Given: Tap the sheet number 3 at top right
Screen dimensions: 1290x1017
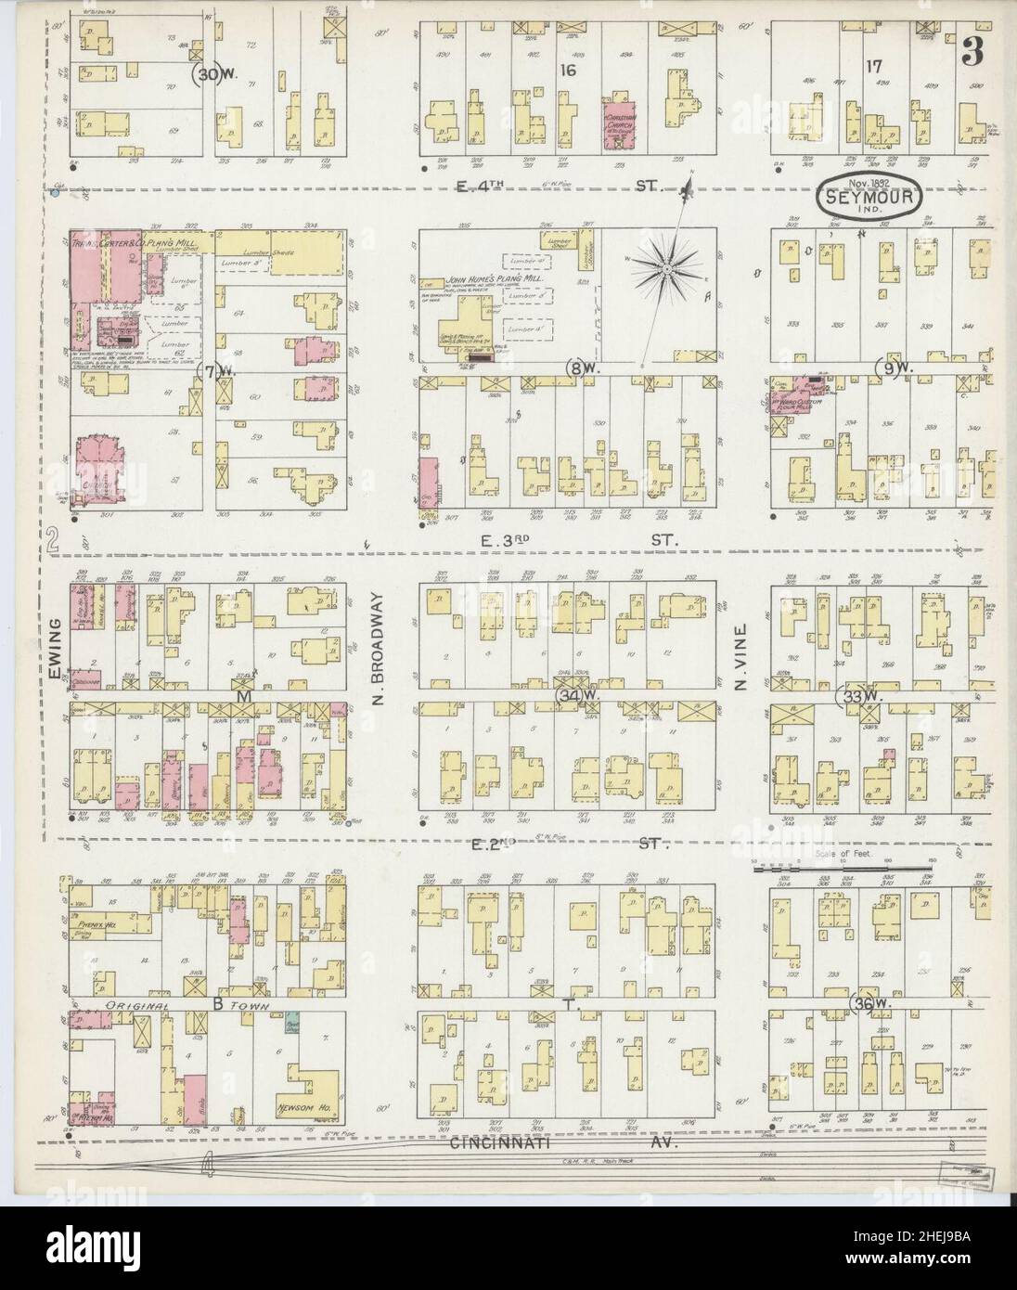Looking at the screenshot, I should (x=971, y=53).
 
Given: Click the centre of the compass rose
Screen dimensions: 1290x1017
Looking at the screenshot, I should (x=666, y=268).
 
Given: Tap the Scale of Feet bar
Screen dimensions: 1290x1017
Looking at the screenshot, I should (x=840, y=869).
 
